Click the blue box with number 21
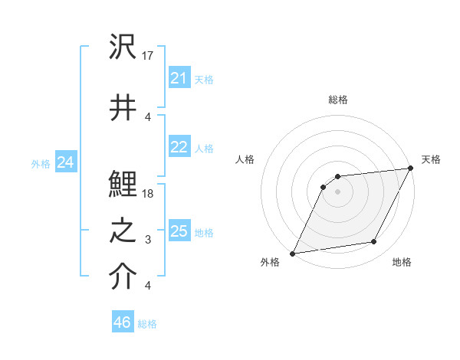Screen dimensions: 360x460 point(179,78)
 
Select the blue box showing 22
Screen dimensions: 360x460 point(179,147)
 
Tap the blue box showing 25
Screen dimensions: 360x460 point(179,231)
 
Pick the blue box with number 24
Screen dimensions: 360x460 point(65,162)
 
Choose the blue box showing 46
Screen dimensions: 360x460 point(122,322)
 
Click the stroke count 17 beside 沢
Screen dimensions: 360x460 point(149,55)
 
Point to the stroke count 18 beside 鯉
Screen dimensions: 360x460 point(149,194)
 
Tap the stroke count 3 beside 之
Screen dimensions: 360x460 point(148,241)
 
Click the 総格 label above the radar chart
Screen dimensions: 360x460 point(337,100)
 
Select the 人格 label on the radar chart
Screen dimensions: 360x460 point(245,159)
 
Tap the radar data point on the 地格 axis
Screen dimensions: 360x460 point(374,242)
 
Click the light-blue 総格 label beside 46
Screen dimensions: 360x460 point(147,323)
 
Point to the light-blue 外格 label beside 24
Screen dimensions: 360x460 point(41,163)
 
